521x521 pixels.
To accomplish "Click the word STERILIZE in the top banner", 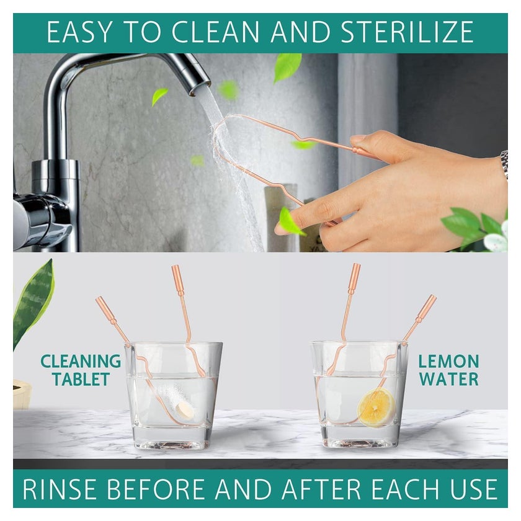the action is point(407,32).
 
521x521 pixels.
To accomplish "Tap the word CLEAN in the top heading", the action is point(216,32).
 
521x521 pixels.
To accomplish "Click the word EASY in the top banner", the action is point(79,32).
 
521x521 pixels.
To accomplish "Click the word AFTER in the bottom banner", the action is point(323,489).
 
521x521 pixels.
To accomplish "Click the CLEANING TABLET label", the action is point(81,370).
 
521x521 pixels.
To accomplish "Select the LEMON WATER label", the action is point(448,370).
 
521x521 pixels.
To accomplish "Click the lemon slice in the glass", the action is point(376,407).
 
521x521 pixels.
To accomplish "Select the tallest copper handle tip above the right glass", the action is point(355,275).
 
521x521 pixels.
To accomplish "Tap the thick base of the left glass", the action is point(172,438).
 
